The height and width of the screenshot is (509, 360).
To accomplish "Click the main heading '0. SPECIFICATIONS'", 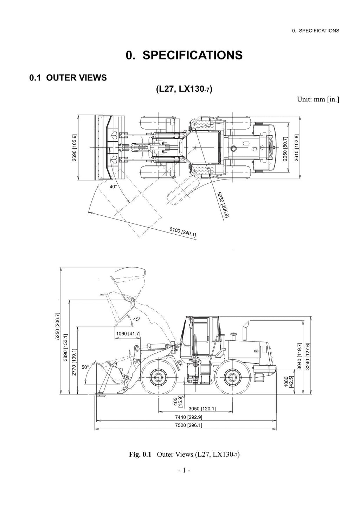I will click(184, 55).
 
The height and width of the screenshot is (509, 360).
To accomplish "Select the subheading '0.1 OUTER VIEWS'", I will click(68, 78).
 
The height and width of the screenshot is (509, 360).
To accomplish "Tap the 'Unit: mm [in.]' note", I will click(318, 99).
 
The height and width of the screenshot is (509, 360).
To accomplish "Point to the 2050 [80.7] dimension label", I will click(285, 149).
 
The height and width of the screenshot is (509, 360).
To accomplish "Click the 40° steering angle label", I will click(113, 187).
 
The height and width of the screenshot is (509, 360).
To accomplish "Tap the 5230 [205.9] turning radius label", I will click(223, 205).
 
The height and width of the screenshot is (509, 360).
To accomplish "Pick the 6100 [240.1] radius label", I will click(183, 232).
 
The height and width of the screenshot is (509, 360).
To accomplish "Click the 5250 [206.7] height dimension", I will click(58, 326).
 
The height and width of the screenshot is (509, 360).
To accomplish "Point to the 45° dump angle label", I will click(137, 319).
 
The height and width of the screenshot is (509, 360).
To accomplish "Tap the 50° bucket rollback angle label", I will click(85, 367).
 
